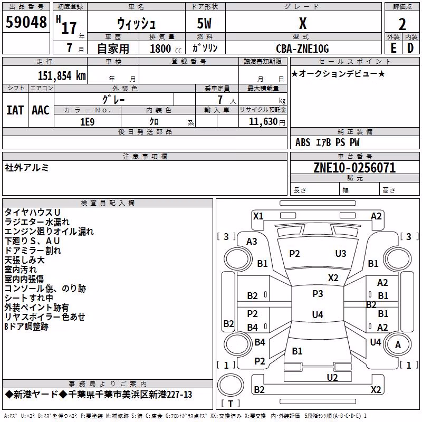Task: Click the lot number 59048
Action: click(x=26, y=22)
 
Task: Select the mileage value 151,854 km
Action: click(x=62, y=76)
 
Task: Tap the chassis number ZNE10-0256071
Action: click(x=354, y=168)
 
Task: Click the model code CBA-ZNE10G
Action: click(x=302, y=49)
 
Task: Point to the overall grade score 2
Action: click(x=402, y=24)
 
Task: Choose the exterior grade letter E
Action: click(x=394, y=48)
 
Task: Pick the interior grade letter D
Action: click(x=410, y=48)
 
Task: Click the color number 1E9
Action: click(x=88, y=122)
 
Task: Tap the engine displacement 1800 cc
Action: click(x=166, y=49)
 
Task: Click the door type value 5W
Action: click(x=204, y=23)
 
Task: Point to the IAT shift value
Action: click(x=15, y=110)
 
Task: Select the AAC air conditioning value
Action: click(x=41, y=110)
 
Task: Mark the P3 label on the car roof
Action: click(x=318, y=293)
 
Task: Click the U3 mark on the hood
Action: click(x=341, y=254)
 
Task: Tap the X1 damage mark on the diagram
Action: click(x=258, y=216)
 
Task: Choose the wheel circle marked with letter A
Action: click(x=398, y=344)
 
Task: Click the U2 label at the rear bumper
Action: click(x=332, y=378)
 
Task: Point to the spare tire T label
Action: click(x=231, y=404)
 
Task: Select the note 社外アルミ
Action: click(x=27, y=168)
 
